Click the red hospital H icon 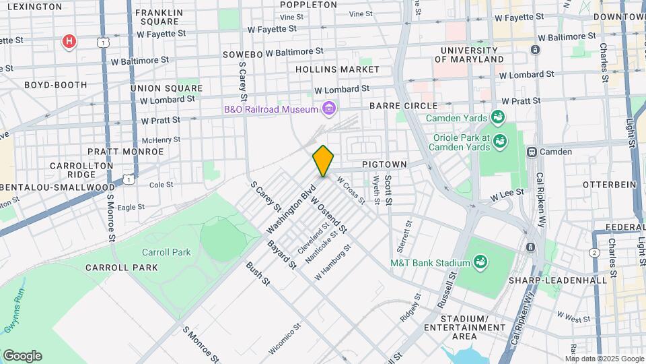click(x=69, y=42)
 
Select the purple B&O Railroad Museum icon click(x=328, y=108)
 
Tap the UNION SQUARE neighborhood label click(x=166, y=88)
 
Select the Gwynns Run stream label click(x=13, y=317)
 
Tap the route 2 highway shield click(x=594, y=252)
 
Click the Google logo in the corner click(x=22, y=356)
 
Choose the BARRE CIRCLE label click(x=403, y=106)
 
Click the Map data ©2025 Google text click(x=604, y=359)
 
